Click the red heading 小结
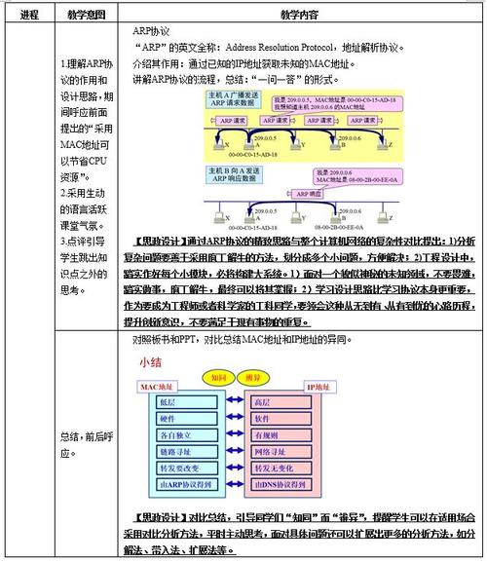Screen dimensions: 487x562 point(153,361)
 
